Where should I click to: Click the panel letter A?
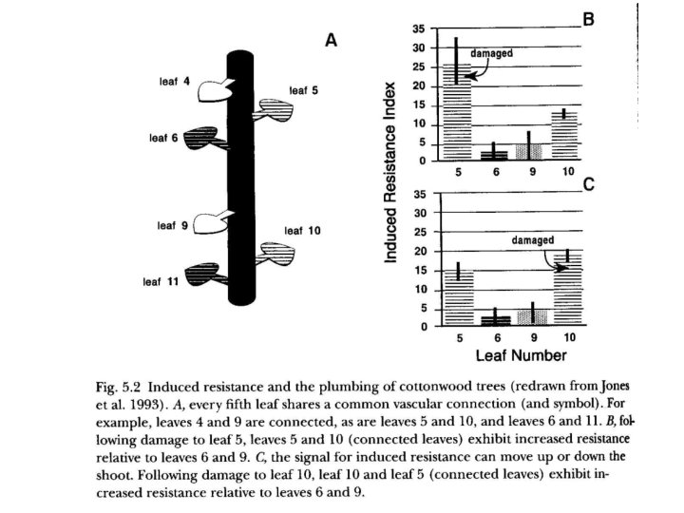pos(332,40)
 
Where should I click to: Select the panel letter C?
pos(589,185)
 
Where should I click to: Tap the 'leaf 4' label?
pos(174,83)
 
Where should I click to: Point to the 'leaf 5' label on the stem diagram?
pos(303,91)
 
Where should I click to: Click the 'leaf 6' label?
pos(163,138)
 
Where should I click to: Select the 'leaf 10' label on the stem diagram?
pos(302,231)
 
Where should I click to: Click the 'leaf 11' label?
pos(161,282)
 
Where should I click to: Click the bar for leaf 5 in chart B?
pos(457,112)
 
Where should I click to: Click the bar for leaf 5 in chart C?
pos(458,297)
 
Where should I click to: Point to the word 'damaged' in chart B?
pos(492,54)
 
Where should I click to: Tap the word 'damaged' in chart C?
pos(532,241)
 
